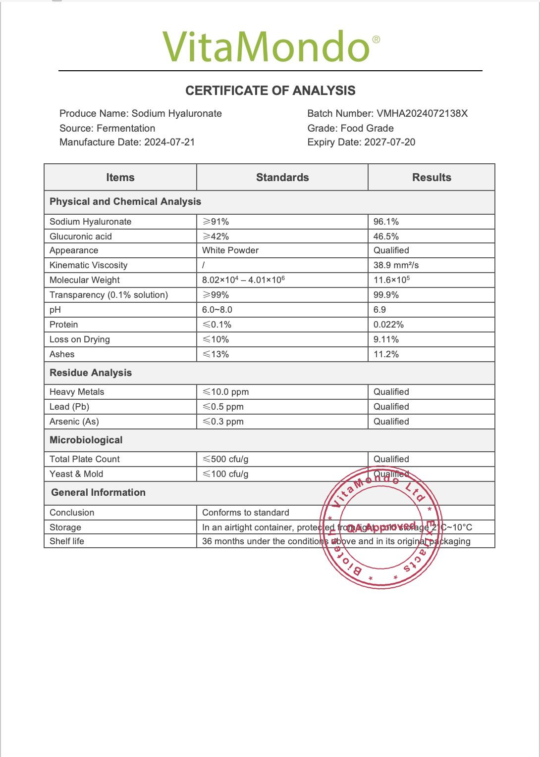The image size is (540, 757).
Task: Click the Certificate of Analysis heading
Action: click(x=270, y=91)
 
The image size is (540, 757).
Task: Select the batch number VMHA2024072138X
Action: click(x=422, y=113)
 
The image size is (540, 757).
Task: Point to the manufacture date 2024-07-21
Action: click(x=169, y=142)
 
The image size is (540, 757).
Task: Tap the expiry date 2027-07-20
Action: click(x=389, y=142)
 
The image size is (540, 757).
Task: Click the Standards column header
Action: click(x=282, y=178)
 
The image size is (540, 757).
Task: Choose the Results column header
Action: click(x=432, y=178)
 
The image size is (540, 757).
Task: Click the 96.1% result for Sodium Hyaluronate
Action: click(x=386, y=222)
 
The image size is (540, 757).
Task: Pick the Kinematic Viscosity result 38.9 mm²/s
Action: click(x=396, y=265)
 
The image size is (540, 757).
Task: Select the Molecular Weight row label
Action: click(x=85, y=280)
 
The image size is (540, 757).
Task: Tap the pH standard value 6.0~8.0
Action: click(x=217, y=310)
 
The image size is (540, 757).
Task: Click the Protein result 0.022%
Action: click(x=388, y=325)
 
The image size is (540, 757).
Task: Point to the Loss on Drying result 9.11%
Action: click(x=386, y=339)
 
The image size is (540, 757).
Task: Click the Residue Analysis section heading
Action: click(x=91, y=373)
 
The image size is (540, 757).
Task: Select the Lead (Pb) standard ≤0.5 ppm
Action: click(x=223, y=407)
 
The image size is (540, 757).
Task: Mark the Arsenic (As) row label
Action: click(x=74, y=422)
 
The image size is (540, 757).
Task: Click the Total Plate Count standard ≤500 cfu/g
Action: click(x=225, y=459)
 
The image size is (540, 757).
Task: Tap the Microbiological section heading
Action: click(x=86, y=440)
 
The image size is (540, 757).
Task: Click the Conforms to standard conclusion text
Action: click(x=246, y=513)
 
